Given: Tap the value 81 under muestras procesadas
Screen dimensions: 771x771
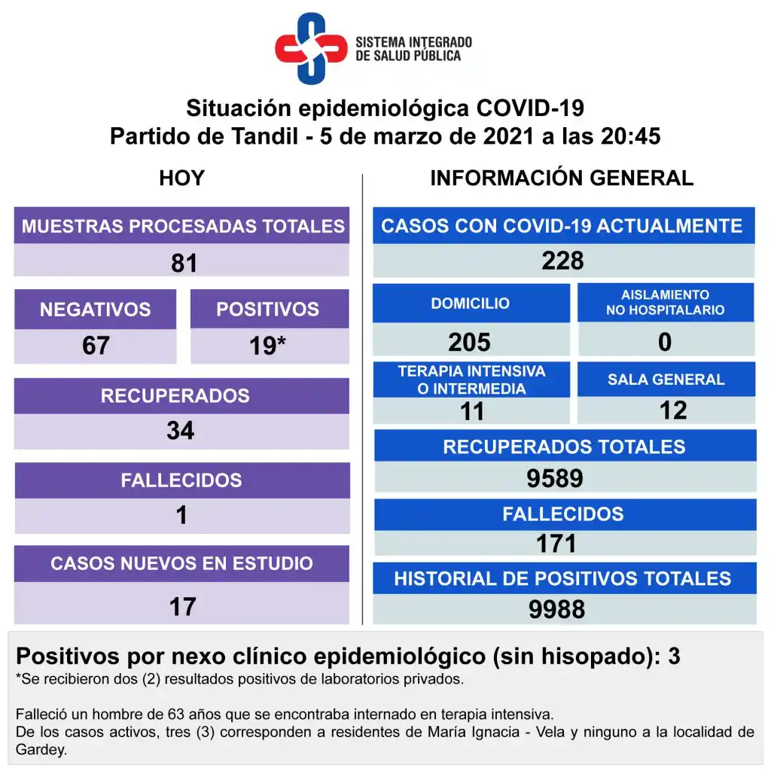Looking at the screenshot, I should (x=184, y=263).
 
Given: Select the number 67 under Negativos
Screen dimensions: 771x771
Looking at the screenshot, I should (x=96, y=346).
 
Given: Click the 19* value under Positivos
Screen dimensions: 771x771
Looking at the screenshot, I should (x=268, y=346).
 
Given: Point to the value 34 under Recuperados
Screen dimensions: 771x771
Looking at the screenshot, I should (x=181, y=431).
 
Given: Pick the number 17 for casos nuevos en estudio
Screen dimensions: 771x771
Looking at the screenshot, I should (x=182, y=606).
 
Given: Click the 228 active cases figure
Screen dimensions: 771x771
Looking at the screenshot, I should (x=562, y=261).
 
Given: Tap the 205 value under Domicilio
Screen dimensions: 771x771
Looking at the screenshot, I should (x=469, y=342).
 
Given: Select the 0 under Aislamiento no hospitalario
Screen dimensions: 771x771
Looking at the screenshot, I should (x=665, y=342).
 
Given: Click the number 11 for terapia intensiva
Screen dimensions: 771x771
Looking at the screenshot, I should (x=472, y=411).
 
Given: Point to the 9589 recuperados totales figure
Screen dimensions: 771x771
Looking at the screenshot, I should (x=556, y=479).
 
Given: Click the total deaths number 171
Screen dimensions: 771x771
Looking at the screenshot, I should (x=556, y=543).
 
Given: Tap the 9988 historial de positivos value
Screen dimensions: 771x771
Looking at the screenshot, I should (x=556, y=609).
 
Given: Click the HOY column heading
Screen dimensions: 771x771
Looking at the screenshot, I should (x=181, y=178).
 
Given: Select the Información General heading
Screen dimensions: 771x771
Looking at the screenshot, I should (x=562, y=178).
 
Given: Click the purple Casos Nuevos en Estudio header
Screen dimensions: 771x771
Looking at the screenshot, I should (x=181, y=563).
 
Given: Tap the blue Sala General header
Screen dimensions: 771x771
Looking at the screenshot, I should (x=666, y=379).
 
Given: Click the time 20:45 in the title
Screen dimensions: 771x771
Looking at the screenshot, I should (x=630, y=137).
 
